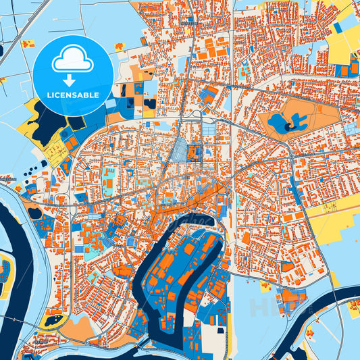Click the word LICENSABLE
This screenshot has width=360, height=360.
pyautogui.click(x=72, y=95)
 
